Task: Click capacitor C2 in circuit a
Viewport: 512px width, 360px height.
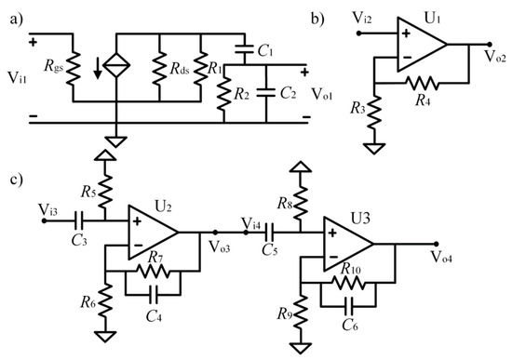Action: click(267, 93)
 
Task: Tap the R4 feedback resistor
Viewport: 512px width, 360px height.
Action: click(424, 83)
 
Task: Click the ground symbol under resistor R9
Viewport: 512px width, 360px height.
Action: click(301, 346)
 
